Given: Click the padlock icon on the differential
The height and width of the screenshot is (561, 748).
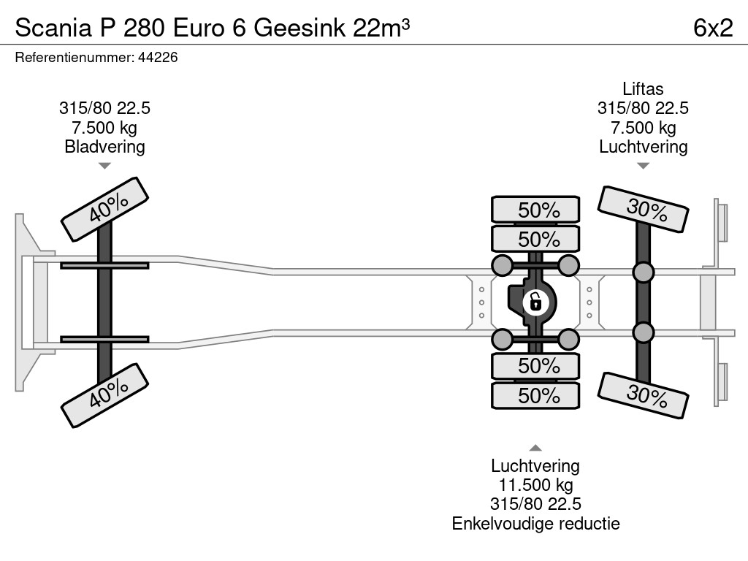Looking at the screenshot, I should pos(535,301).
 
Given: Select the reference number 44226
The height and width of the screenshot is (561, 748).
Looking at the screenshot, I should pos(158,58).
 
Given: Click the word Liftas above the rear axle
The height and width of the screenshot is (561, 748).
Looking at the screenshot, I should pos(643,89).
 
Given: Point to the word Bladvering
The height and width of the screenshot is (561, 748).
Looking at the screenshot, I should pos(104,147).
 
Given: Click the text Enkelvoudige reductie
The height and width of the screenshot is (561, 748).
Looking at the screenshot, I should pos(535,523).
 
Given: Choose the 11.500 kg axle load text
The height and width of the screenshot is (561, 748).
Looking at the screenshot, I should pos(535,485).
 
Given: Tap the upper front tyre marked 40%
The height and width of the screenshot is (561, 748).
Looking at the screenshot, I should pos(104,208).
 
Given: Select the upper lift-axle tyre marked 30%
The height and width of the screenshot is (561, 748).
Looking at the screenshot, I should pos(643,210).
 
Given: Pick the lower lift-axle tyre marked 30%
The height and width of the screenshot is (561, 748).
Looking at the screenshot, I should pos(643,395).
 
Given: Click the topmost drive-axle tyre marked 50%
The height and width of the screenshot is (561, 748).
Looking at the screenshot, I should pos(535,210).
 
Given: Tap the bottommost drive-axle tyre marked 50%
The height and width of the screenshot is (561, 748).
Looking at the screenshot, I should pos(535,395).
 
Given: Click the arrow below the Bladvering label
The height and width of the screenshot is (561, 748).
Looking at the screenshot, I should pos(104,166).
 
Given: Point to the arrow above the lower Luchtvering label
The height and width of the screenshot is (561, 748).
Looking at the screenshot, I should pos(535,448).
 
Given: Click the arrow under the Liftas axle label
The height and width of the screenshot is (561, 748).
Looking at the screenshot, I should pos(643,166).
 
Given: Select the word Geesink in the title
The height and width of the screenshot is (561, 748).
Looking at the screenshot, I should pos(300,27).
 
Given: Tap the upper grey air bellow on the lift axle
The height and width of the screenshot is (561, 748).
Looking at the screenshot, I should pos(643,273).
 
